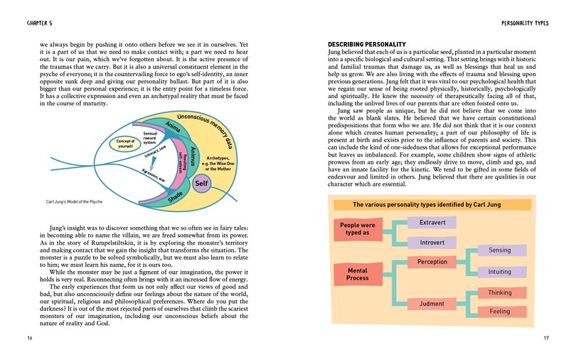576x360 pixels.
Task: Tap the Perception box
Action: click(x=432, y=262)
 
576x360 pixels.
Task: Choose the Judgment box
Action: click(x=432, y=304)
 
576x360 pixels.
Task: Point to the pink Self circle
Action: click(x=201, y=184)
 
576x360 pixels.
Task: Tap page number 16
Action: click(x=28, y=337)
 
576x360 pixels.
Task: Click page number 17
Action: click(x=546, y=337)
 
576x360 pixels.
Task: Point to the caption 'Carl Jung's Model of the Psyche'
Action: click(x=71, y=202)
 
